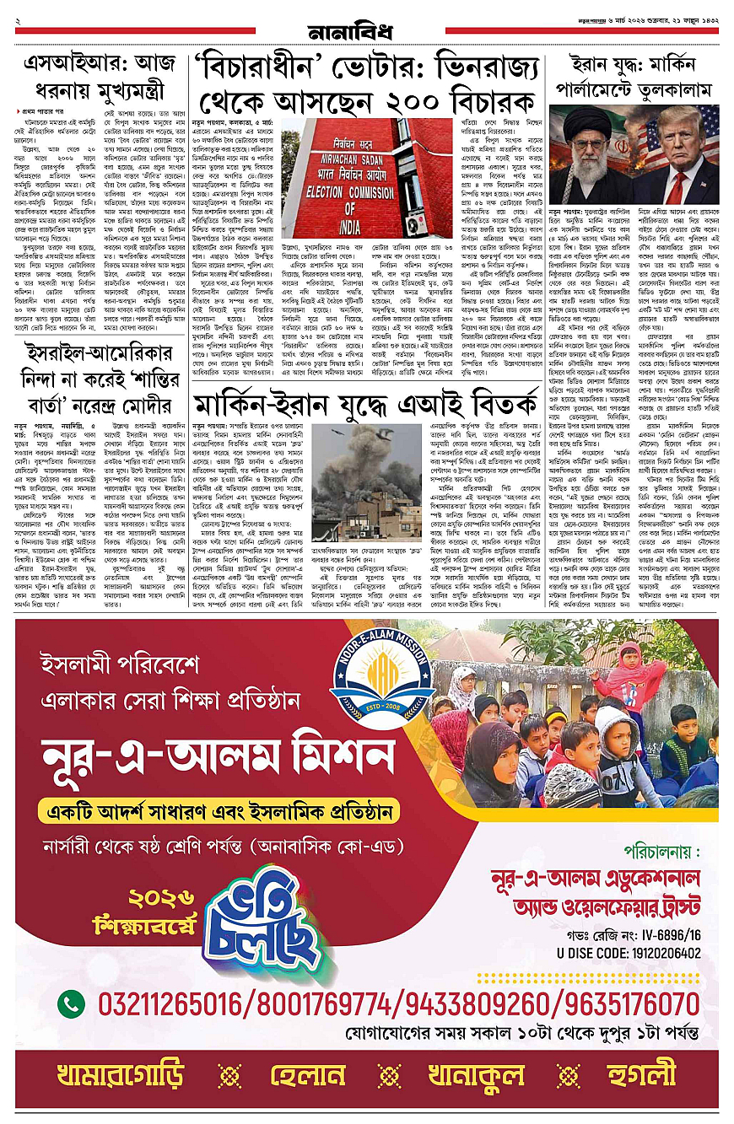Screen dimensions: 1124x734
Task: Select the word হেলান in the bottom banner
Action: click(x=308, y=1076)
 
